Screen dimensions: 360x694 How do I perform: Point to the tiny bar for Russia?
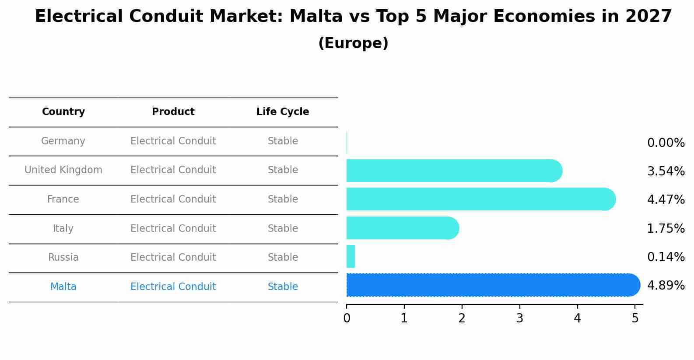point(351,256)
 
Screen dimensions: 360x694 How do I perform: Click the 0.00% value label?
point(666,143)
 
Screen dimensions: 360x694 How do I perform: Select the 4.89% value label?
point(666,286)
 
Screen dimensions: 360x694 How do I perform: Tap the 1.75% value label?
point(666,229)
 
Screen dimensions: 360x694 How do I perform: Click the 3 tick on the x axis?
point(519,318)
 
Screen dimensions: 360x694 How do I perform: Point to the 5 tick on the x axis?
point(635,318)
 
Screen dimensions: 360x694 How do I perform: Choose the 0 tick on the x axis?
point(347,318)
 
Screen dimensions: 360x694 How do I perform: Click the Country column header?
point(63,112)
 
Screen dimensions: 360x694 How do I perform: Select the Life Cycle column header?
point(283,112)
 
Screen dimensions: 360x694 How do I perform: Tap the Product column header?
point(173,112)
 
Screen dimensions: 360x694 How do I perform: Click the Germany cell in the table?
point(63,141)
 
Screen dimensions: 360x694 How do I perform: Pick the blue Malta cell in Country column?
point(63,287)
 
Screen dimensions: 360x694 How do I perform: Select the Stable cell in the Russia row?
point(283,258)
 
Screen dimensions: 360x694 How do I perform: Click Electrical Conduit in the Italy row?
point(173,229)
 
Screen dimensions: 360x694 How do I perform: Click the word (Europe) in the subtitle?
point(353,43)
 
